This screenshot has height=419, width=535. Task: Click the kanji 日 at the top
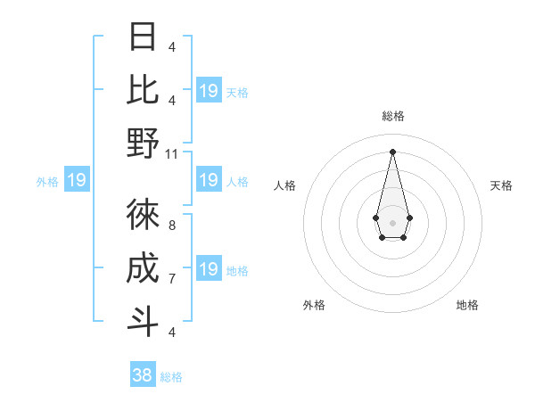coord(143,37)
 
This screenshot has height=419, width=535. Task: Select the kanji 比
coord(143,90)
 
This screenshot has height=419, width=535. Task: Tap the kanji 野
coord(143,143)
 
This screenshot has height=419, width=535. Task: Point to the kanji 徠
coord(143,215)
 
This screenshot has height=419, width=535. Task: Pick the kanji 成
coord(143,268)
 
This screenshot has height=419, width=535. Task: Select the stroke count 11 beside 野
coord(173,153)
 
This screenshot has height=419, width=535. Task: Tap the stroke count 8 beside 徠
coord(171,226)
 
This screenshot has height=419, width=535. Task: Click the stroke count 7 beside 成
coord(171,279)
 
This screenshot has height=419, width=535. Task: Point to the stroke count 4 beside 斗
coord(171,332)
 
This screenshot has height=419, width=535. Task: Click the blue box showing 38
coord(143,375)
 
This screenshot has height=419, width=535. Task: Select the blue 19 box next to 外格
coord(77,181)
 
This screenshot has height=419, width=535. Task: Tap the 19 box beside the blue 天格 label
coord(209,91)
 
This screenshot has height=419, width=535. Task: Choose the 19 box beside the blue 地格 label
coord(209,269)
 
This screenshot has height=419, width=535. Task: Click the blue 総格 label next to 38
coord(171,377)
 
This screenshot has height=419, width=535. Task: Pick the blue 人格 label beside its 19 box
coord(237,182)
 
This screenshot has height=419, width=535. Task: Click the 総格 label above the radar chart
coord(392,116)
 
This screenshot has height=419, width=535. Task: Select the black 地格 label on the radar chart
coord(467,305)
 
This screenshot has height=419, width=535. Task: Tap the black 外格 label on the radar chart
coord(314,305)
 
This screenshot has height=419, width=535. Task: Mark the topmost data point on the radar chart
coord(392,152)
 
